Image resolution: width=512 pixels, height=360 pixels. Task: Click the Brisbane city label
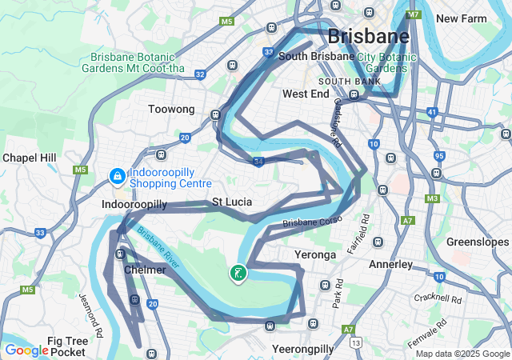(369, 36)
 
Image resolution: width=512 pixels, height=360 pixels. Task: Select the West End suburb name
(306, 94)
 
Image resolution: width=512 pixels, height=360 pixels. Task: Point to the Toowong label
(171, 109)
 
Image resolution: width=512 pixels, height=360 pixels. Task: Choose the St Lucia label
(232, 202)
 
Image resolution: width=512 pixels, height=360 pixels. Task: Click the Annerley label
(390, 263)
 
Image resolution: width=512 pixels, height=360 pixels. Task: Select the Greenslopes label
(478, 242)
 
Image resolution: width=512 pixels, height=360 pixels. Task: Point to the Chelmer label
(145, 270)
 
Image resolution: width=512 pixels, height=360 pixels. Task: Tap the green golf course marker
(238, 274)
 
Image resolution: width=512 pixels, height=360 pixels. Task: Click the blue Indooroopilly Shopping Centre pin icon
(116, 174)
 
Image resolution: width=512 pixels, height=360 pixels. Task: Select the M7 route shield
(414, 14)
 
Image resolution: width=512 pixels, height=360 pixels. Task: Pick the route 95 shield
(439, 156)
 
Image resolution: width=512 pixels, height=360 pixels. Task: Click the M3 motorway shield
(433, 198)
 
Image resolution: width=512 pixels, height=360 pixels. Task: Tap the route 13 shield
(355, 342)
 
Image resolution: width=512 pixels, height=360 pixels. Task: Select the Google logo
(26, 350)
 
